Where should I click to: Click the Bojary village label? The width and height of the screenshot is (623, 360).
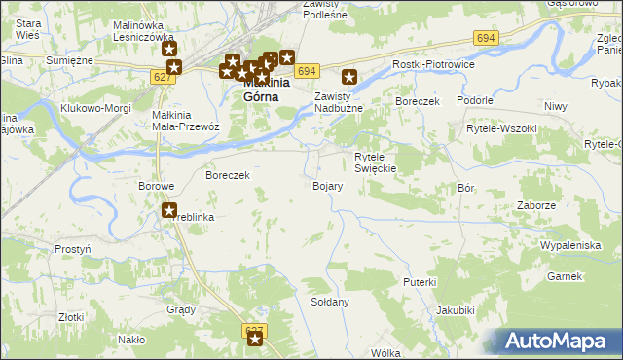[327, 186]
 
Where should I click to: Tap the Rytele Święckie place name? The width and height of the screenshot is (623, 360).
[375, 162]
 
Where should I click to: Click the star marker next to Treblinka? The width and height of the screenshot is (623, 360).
[169, 208]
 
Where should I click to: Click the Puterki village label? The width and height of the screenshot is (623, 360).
[420, 281]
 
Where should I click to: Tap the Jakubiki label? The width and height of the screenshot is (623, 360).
[455, 310]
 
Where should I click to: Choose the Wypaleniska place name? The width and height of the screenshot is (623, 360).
[570, 245]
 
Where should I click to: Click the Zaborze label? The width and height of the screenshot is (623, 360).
[536, 206]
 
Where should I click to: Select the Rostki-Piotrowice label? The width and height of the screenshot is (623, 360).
[431, 64]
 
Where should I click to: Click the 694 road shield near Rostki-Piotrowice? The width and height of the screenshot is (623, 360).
[487, 37]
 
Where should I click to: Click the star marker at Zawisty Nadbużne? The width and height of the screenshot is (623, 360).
[350, 77]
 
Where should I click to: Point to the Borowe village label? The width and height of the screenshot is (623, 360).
[156, 186]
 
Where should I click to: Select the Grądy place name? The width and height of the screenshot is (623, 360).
[181, 309]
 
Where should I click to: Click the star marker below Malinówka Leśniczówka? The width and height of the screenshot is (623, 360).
[169, 50]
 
